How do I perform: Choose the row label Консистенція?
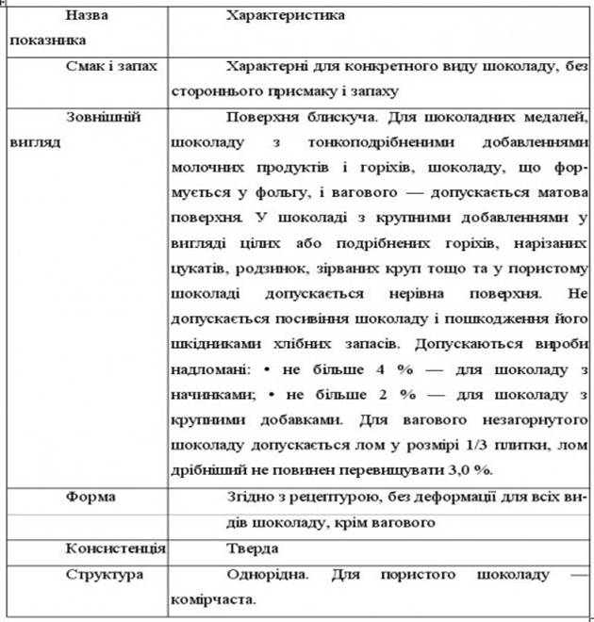point(116,548)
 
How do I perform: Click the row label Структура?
point(105,573)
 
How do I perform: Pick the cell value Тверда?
point(253,548)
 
